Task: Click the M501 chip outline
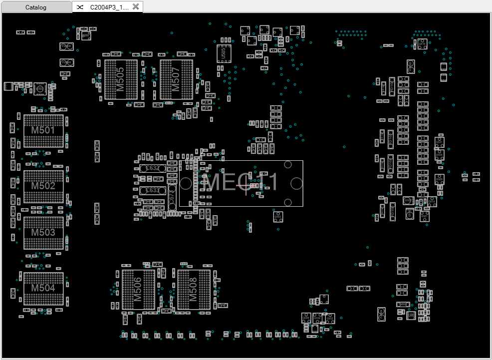[x=44, y=131]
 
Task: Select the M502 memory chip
[x=44, y=186]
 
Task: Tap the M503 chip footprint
[x=44, y=233]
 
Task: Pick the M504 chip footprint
[x=44, y=288]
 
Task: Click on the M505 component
[x=121, y=79]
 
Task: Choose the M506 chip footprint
[x=138, y=290]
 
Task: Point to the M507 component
[x=176, y=79]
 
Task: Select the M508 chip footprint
[x=194, y=290]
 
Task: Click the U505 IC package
[x=224, y=52]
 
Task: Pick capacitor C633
[x=152, y=190]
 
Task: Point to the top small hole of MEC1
[x=287, y=164]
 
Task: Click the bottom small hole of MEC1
[x=287, y=202]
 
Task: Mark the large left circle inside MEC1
[x=186, y=184]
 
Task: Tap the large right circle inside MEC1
[x=296, y=184]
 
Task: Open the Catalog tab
[x=36, y=7]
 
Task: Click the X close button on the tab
[x=135, y=7]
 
